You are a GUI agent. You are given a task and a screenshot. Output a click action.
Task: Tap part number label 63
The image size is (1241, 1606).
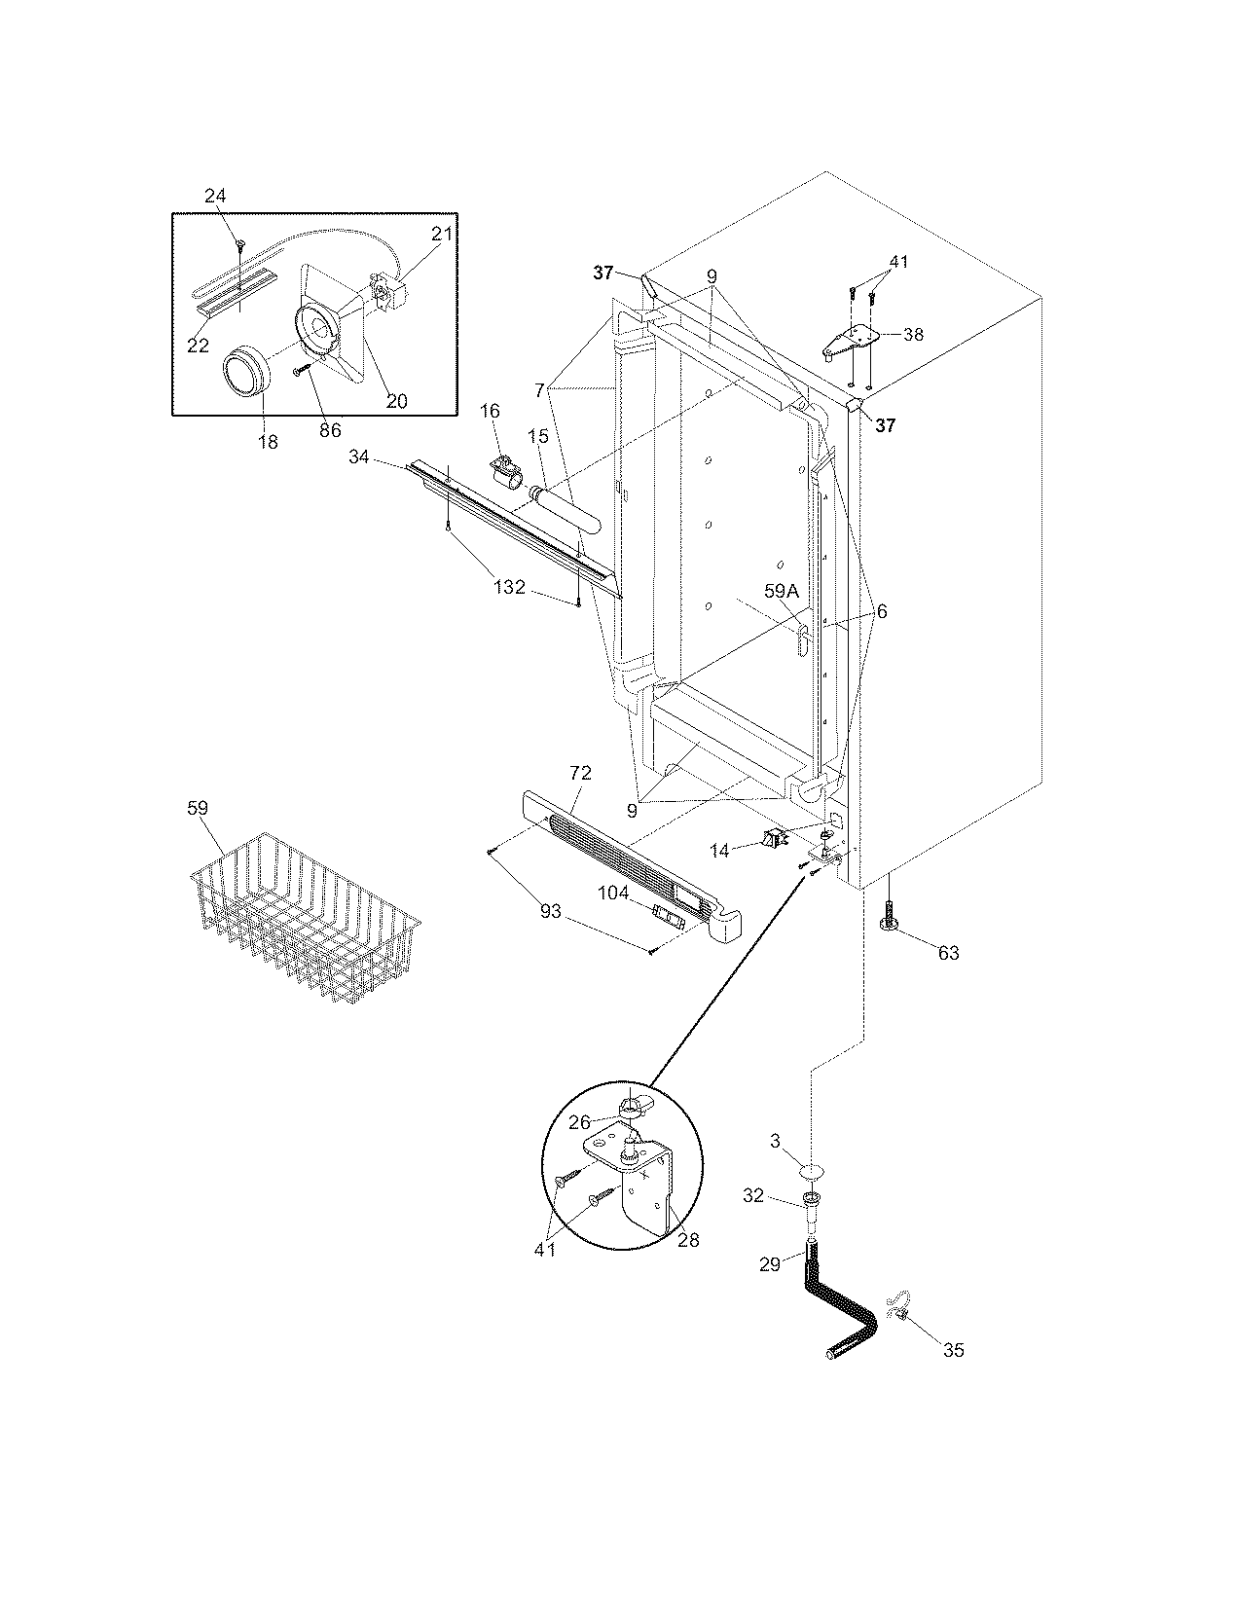(948, 953)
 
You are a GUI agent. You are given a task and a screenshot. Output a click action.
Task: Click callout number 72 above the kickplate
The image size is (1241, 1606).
(579, 774)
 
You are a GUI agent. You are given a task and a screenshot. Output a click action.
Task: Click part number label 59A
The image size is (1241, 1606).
(781, 590)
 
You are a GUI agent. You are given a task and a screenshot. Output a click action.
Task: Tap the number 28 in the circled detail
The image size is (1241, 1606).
(689, 1240)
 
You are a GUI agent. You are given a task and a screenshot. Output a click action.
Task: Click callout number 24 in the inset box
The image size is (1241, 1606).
(215, 196)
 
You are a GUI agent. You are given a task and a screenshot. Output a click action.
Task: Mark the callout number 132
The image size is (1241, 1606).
(509, 587)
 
